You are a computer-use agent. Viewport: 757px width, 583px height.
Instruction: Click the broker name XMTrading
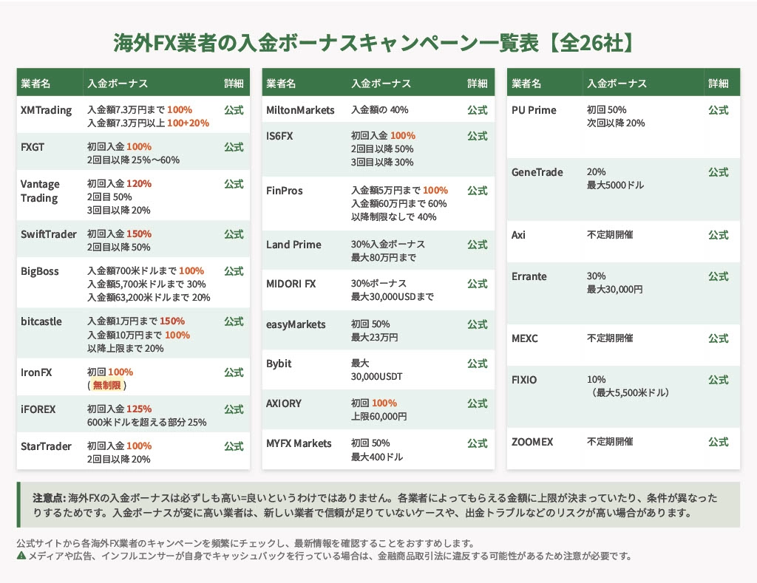pos(46,110)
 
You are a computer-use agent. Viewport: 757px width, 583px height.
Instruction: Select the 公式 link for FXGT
pos(234,147)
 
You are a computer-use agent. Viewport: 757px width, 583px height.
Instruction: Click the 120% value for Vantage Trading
pos(139,184)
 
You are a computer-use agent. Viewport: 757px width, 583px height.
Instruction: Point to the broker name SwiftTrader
pos(49,234)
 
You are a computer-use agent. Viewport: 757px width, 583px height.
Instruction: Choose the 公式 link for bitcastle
pos(234,321)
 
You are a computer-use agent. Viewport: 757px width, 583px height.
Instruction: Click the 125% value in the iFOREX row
pos(139,409)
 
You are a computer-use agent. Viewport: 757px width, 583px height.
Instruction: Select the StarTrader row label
pos(46,446)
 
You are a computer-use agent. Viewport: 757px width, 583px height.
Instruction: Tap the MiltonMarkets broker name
pos(300,110)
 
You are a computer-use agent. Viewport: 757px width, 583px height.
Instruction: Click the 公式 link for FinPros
pos(477,191)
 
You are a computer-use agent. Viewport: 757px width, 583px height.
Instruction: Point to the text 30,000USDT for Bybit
pos(376,376)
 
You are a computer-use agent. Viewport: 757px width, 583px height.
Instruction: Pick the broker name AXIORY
pos(284,403)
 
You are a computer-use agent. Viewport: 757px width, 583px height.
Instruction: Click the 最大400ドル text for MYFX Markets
pos(376,457)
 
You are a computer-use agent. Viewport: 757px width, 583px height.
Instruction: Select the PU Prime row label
pos(534,110)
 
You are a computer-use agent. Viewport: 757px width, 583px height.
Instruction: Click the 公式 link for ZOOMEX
pos(718,442)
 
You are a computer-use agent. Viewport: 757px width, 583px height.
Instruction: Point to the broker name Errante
pos(529,276)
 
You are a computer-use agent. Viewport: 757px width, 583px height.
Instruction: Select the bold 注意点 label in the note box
pos(49,498)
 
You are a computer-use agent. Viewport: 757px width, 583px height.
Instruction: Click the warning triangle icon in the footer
pos(21,556)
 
